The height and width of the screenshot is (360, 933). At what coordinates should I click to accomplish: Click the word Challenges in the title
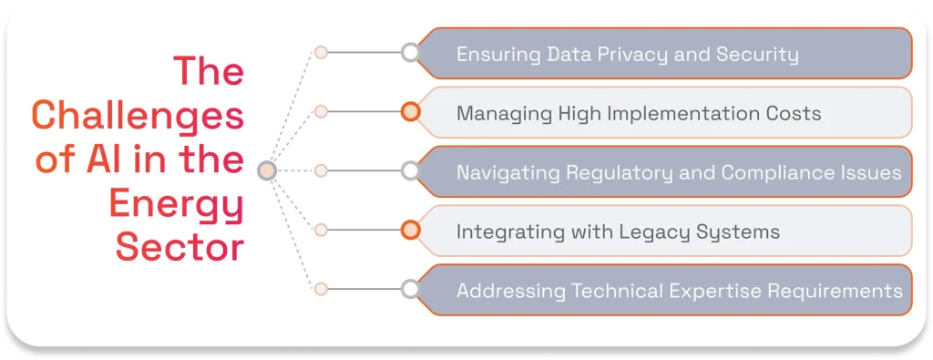click(x=138, y=118)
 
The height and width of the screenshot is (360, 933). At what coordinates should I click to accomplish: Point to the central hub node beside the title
click(x=267, y=170)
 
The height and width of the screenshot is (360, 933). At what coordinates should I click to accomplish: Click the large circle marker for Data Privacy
click(x=410, y=53)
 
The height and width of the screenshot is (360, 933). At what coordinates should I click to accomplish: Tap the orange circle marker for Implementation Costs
click(x=410, y=112)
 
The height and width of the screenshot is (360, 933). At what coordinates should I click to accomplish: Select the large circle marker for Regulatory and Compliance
click(x=410, y=170)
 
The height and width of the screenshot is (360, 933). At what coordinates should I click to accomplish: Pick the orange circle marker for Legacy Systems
click(x=410, y=230)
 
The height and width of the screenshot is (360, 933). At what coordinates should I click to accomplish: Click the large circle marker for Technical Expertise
click(x=410, y=289)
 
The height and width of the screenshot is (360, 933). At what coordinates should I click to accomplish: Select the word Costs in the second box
click(x=792, y=114)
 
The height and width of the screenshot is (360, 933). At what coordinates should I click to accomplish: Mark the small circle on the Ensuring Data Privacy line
click(x=321, y=53)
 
